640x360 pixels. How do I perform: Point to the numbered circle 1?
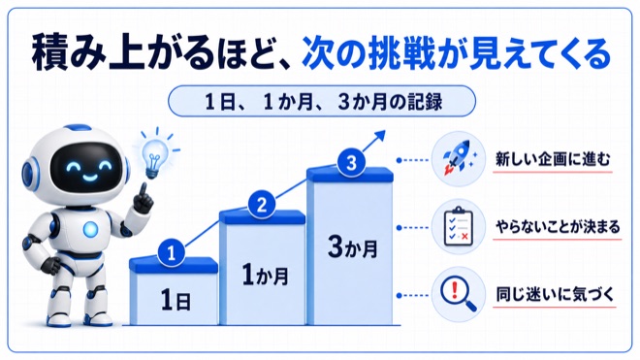click(x=171, y=253)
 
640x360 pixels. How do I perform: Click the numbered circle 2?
click(x=262, y=205)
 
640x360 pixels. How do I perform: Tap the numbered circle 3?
click(x=351, y=163)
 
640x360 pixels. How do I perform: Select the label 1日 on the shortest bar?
click(x=176, y=300)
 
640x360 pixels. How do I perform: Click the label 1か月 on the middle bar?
click(x=265, y=275)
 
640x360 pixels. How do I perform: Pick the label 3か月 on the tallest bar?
click(x=353, y=247)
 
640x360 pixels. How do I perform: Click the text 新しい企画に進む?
click(x=553, y=159)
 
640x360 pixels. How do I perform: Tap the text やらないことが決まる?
click(x=558, y=226)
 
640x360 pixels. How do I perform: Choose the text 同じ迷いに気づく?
click(x=555, y=294)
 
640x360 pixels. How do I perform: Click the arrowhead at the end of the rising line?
click(x=379, y=136)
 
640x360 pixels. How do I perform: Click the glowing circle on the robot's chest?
click(x=90, y=229)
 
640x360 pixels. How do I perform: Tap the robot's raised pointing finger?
click(x=143, y=190)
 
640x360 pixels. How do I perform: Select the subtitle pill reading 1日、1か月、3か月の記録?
click(x=322, y=101)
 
